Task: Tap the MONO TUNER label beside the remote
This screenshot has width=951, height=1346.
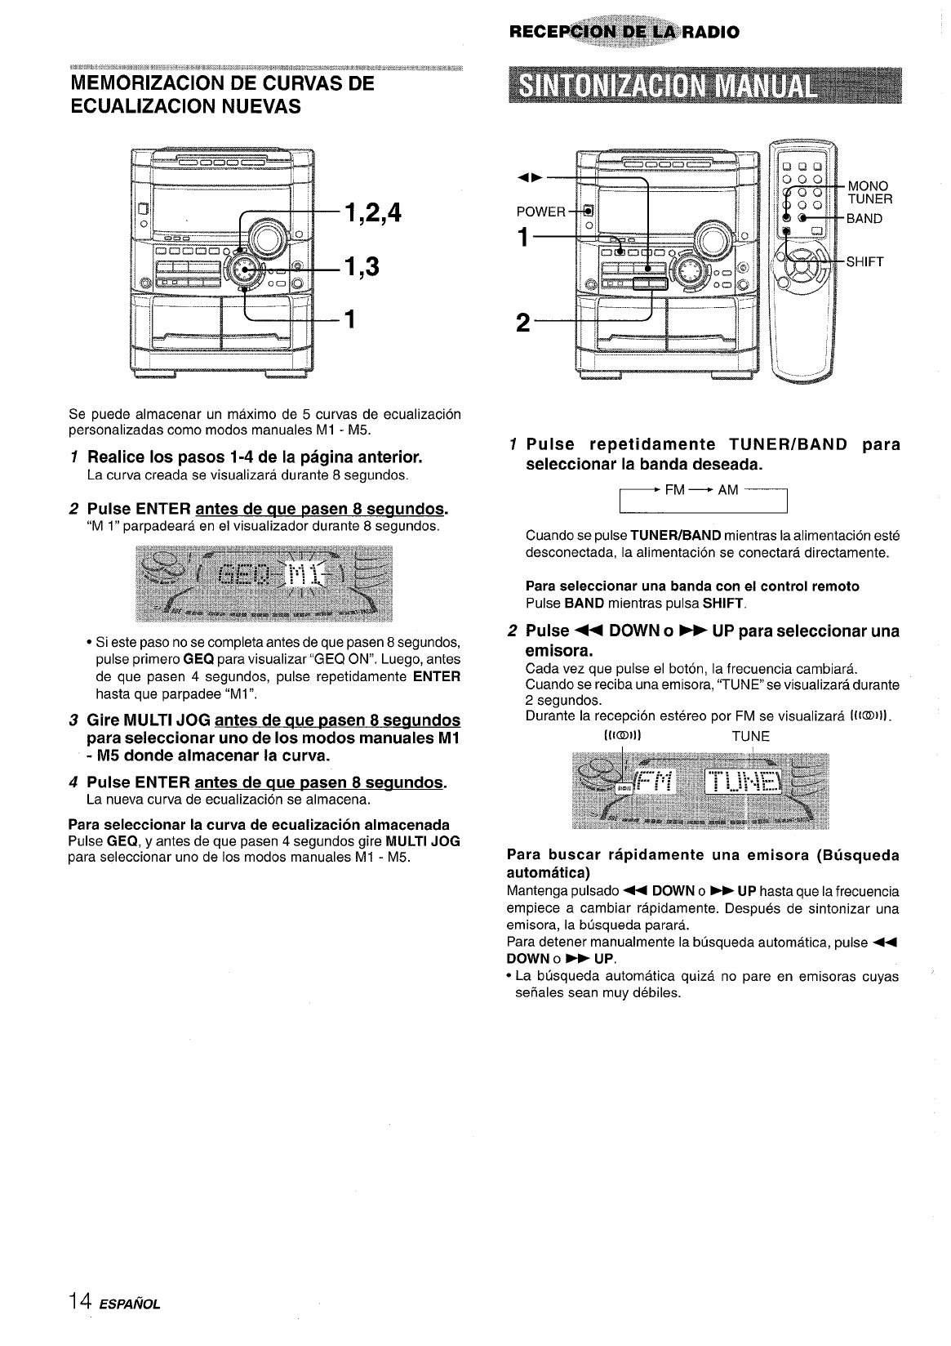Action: tap(870, 192)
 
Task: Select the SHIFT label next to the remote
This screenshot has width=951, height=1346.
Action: tap(866, 262)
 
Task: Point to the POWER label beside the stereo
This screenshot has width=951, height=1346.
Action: tap(541, 212)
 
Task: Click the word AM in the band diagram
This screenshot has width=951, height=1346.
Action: tap(728, 490)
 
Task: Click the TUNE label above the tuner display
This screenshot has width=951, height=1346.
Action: tap(750, 736)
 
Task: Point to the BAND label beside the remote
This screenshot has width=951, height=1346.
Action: tap(864, 219)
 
